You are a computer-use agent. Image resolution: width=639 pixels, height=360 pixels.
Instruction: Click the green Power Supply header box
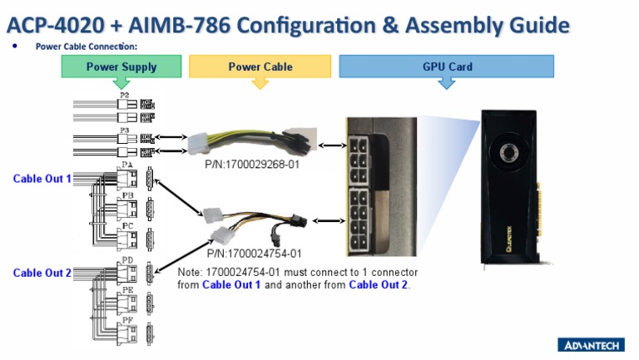click(x=121, y=67)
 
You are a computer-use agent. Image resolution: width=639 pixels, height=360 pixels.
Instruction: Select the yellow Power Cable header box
click(x=260, y=67)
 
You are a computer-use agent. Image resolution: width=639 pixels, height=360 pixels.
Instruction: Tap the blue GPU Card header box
click(x=446, y=67)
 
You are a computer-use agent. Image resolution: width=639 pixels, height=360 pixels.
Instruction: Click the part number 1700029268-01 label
click(x=253, y=165)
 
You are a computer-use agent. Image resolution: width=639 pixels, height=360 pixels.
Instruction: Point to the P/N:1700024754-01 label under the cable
click(x=254, y=253)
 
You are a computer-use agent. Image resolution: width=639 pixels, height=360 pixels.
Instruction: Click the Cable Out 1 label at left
click(x=42, y=178)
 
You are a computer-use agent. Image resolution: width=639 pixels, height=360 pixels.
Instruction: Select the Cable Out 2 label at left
click(x=42, y=273)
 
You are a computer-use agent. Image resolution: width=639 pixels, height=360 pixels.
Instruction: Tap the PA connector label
click(x=127, y=165)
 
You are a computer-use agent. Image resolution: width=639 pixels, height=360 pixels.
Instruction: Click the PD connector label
click(x=127, y=259)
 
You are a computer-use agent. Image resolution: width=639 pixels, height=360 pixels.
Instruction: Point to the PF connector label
click(x=127, y=318)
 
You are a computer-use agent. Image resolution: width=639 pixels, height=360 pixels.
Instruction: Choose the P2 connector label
click(x=124, y=95)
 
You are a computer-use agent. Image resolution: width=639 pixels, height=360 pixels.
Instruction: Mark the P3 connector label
click(x=124, y=130)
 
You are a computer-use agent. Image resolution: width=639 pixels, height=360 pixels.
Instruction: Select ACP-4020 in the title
click(x=52, y=24)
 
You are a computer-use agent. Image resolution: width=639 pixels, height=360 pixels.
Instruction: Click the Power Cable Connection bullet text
click(x=86, y=47)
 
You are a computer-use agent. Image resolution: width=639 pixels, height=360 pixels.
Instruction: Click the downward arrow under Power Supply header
click(x=121, y=83)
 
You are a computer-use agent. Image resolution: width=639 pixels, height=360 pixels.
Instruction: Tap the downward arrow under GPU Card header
click(x=446, y=83)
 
